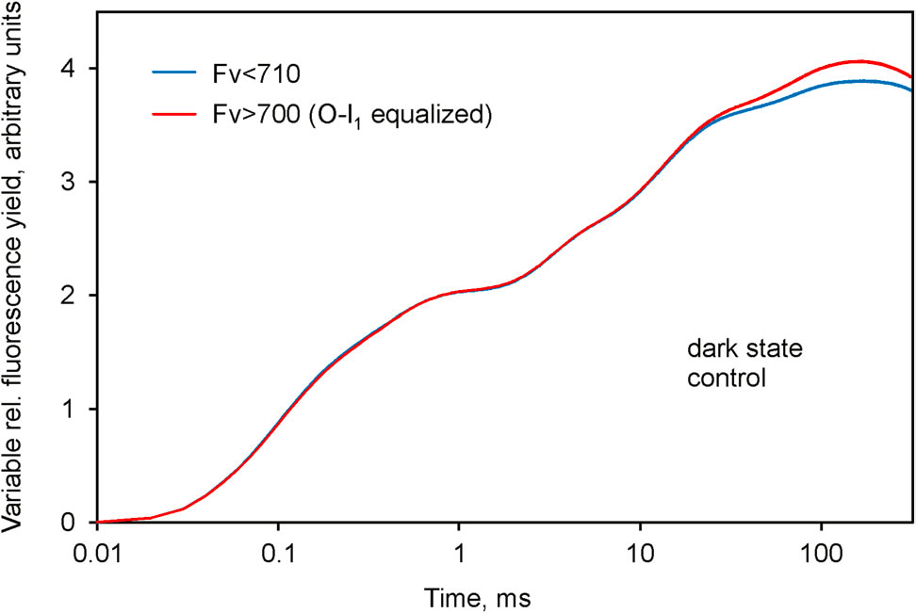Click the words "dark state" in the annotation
point(730,350)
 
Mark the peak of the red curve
point(859,61)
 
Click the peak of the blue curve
point(859,81)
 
